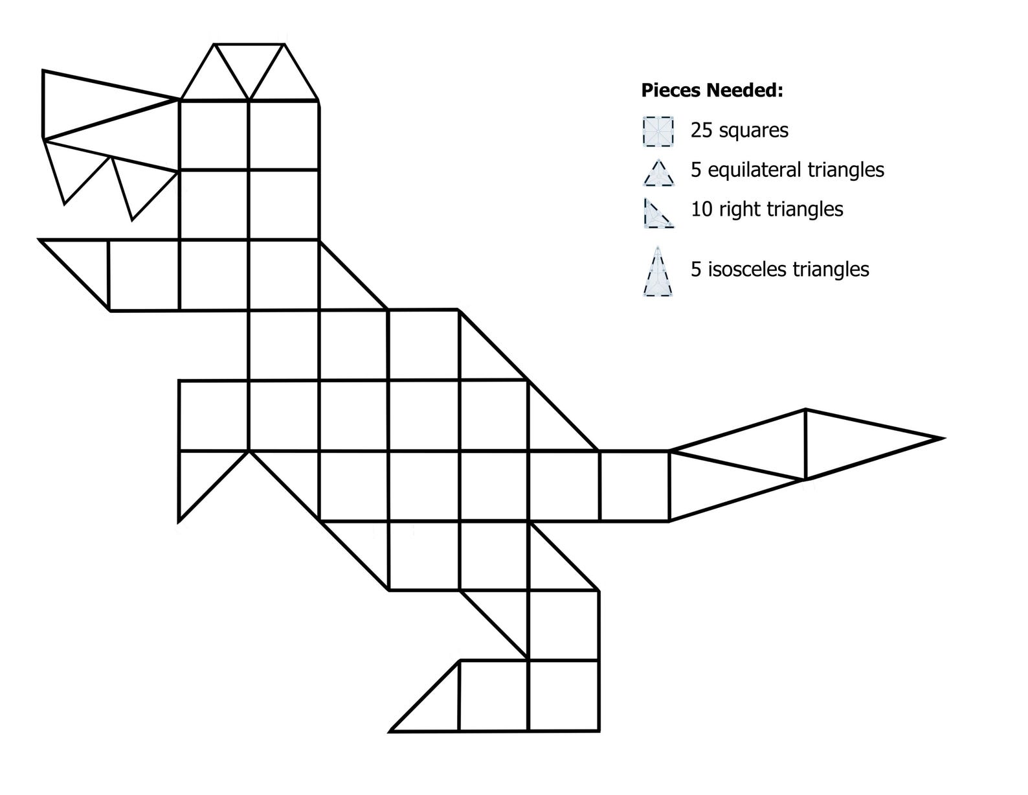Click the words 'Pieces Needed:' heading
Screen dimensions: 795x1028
click(711, 90)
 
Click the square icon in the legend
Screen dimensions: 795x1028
click(658, 131)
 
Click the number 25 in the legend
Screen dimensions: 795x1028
click(701, 130)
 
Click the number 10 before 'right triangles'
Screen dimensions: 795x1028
click(701, 209)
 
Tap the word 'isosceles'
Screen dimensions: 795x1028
click(745, 269)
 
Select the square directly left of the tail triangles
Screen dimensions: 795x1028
click(634, 486)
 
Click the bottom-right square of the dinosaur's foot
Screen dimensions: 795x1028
click(563, 695)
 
